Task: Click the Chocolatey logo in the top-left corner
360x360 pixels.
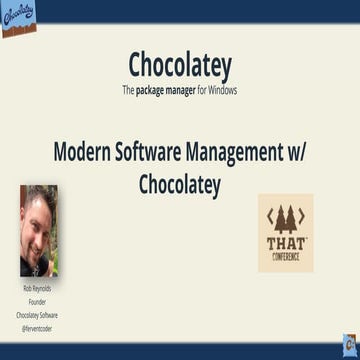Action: tap(19, 19)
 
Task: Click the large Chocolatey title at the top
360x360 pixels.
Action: tap(180, 66)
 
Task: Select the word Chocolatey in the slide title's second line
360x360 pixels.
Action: tap(180, 185)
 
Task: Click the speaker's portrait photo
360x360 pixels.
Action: tap(39, 230)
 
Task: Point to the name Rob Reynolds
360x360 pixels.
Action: tap(39, 288)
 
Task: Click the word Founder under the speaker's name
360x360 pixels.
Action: tap(39, 299)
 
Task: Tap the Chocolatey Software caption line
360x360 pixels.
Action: tap(39, 310)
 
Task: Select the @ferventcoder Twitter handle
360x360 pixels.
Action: tap(39, 321)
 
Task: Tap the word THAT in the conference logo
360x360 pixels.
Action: tap(286, 243)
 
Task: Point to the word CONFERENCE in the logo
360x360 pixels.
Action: tap(286, 256)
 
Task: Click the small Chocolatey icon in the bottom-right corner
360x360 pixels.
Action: tap(349, 343)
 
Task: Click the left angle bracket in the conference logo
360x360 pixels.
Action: tap(268, 217)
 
